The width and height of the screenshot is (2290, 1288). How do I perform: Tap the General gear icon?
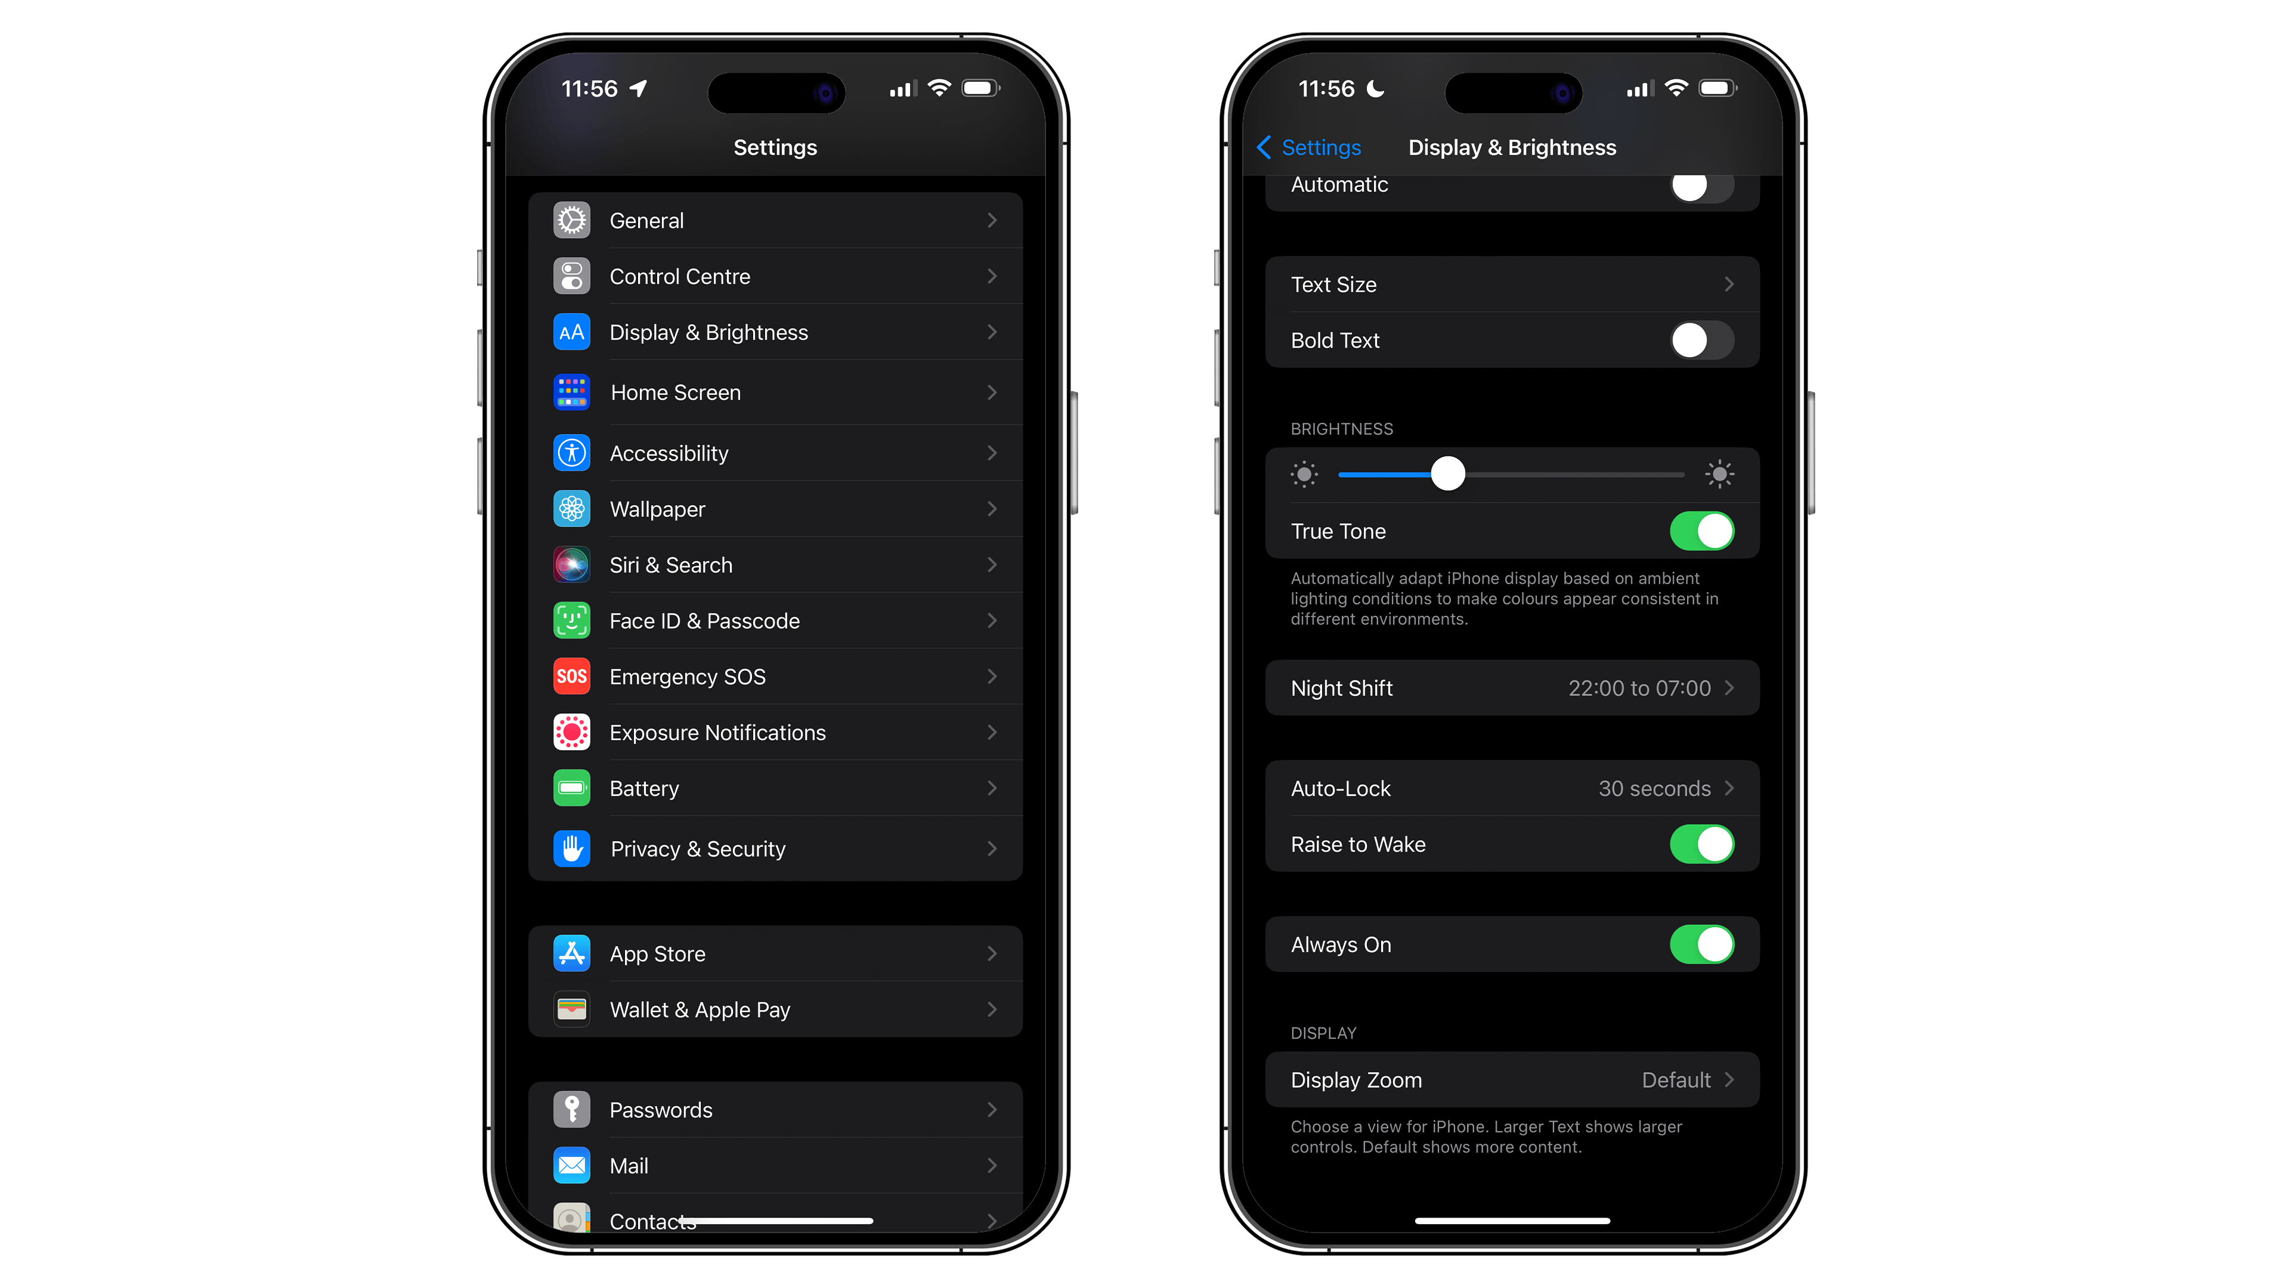click(x=572, y=221)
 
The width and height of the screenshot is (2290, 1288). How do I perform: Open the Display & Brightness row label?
click(x=708, y=333)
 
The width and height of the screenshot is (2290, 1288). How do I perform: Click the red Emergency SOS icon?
click(x=572, y=676)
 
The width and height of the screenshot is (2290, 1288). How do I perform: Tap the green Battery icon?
click(x=572, y=788)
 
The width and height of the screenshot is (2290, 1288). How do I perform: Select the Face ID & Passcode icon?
click(x=572, y=620)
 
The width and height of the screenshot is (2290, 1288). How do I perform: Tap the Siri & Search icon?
click(x=572, y=565)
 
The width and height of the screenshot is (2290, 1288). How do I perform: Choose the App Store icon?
click(x=572, y=954)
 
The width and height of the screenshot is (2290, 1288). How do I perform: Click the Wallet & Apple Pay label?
click(x=700, y=1010)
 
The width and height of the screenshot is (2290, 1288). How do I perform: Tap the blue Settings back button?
click(x=1308, y=147)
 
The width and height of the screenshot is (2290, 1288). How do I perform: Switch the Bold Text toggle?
click(x=1701, y=340)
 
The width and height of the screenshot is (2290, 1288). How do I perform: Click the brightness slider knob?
click(x=1447, y=474)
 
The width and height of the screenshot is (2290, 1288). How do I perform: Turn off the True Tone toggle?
click(x=1701, y=531)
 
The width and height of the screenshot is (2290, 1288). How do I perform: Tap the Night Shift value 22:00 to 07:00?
click(x=1638, y=688)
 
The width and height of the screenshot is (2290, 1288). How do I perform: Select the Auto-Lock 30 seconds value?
click(x=1654, y=788)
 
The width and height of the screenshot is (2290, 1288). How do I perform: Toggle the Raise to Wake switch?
click(x=1701, y=844)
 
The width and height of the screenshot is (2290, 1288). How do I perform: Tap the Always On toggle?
click(x=1701, y=945)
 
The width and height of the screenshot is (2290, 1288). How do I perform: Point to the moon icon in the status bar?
click(x=1375, y=89)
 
